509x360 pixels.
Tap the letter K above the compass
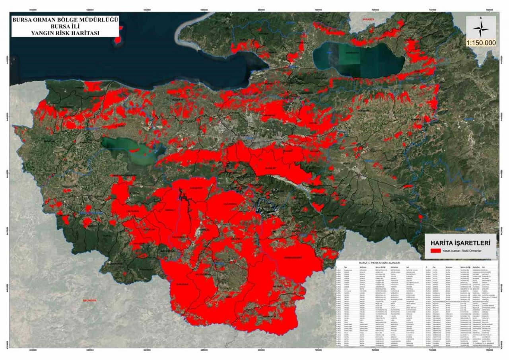click(x=481, y=18)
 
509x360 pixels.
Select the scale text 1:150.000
click(x=481, y=43)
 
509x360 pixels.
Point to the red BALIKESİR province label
click(x=87, y=300)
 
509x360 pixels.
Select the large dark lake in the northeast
click(x=358, y=60)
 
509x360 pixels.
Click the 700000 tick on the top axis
click(x=318, y=10)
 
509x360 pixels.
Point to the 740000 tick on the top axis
click(x=432, y=10)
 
